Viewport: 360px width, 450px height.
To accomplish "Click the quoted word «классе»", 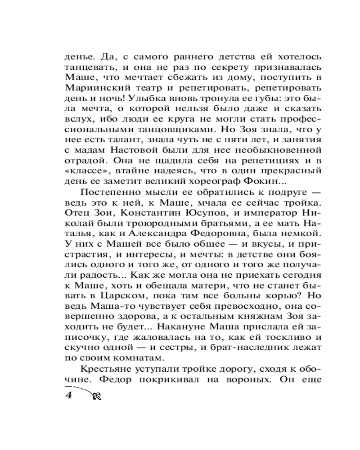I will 85,171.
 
